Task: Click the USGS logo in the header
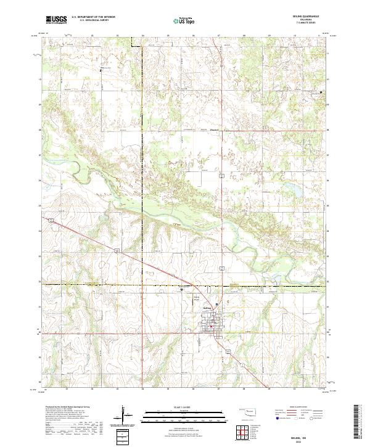(57, 20)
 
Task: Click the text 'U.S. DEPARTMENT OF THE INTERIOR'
(93, 17)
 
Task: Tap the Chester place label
(215, 129)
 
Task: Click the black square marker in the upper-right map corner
(321, 92)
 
